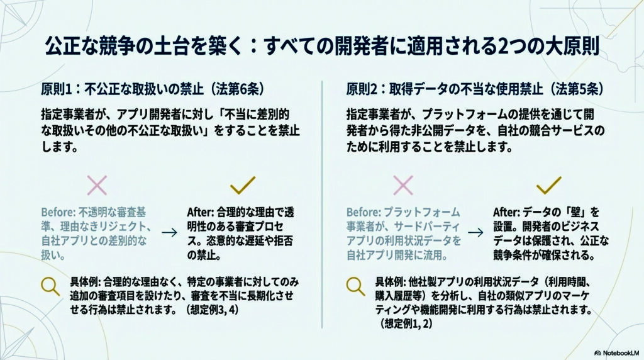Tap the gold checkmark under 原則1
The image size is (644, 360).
(242, 184)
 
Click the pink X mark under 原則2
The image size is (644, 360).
(402, 184)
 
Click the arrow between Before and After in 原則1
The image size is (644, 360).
(169, 232)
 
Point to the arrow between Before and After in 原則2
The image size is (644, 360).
(475, 232)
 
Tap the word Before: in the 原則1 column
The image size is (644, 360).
(58, 212)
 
